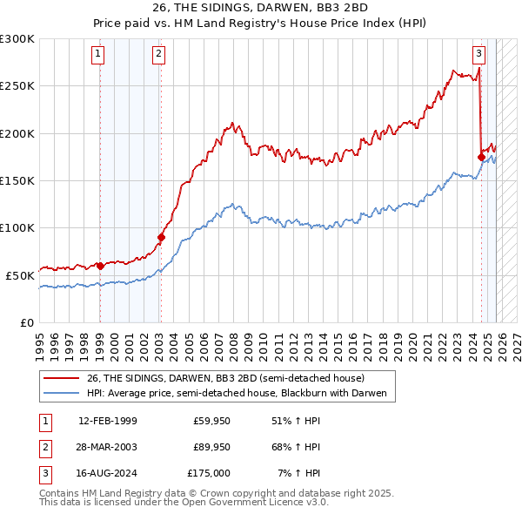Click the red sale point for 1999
pos(100,266)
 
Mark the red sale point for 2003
pos(161,237)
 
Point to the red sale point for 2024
pos(481,157)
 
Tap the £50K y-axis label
pos(20,275)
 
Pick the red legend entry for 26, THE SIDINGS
pos(217,378)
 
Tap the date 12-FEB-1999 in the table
pos(107,421)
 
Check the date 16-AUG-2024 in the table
pos(107,473)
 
